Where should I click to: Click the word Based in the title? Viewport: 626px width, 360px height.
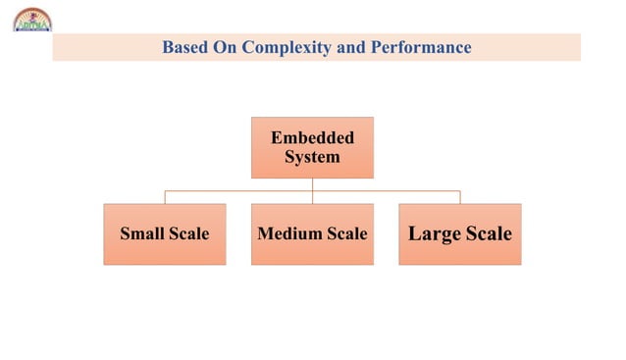point(183,47)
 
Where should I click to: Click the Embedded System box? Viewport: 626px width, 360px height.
point(312,147)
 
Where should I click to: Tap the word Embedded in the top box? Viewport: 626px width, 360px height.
point(312,137)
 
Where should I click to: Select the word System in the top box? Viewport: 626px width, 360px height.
point(312,157)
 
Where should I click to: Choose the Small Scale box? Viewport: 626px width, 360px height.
point(164,233)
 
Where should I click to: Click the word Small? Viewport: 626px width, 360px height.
point(142,233)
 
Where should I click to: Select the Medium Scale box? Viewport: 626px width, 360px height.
point(312,233)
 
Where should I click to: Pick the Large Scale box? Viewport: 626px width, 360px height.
point(459,233)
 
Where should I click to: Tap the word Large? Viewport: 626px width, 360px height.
point(434,233)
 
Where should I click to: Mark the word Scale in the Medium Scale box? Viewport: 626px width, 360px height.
point(347,233)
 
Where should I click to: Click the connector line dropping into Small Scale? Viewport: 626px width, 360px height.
point(165,197)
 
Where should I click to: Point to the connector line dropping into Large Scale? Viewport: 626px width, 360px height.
point(459,197)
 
